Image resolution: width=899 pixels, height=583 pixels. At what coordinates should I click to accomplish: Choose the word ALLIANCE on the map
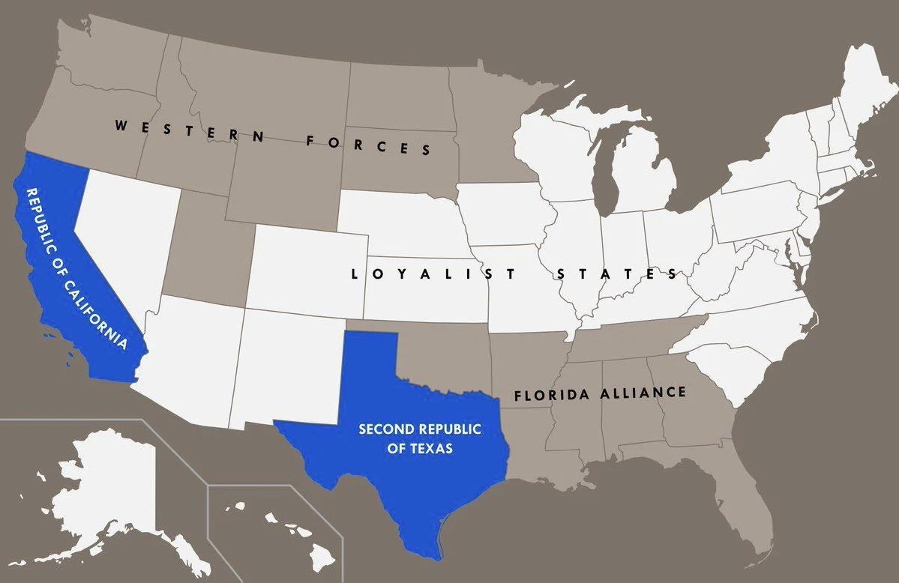pos(643,393)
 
